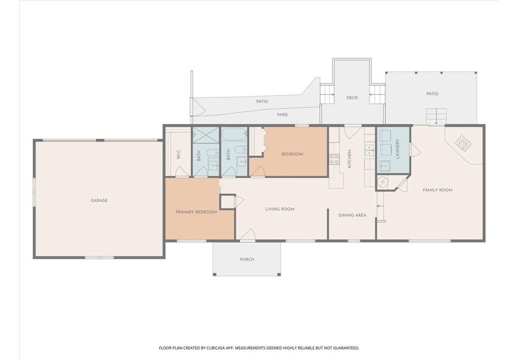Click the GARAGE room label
[x=99, y=200]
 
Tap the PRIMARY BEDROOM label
[x=196, y=212]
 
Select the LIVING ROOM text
[x=280, y=209]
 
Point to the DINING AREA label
[x=352, y=215]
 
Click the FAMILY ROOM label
[x=437, y=190]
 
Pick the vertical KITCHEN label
[x=350, y=159]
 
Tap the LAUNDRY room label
[x=397, y=149]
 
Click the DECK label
[x=352, y=98]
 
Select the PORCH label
[x=247, y=260]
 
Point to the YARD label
[x=282, y=114]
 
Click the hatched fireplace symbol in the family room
[x=464, y=143]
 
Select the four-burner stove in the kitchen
[x=334, y=160]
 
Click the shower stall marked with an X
[x=206, y=135]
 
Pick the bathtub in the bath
[x=234, y=135]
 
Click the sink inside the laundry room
[x=384, y=166]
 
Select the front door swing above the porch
[x=248, y=235]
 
